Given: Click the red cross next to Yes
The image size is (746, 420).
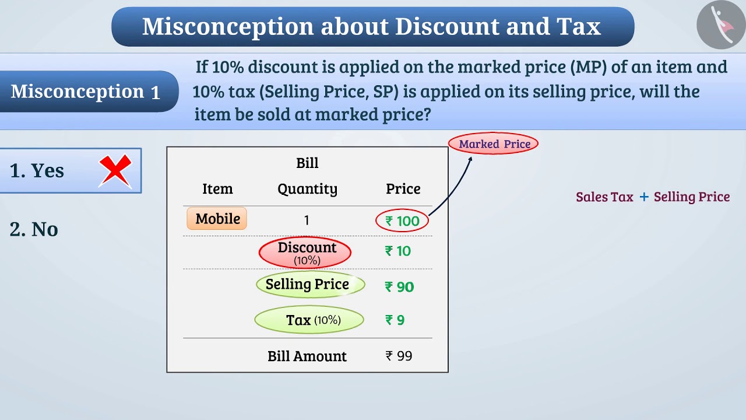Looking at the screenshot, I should [x=115, y=171].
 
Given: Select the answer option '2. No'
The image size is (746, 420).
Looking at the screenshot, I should [x=34, y=229].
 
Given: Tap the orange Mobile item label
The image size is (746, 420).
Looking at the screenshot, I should [x=217, y=219].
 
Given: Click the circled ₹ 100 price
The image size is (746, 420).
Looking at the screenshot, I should [x=402, y=221].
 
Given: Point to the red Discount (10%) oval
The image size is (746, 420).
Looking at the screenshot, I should [x=305, y=252].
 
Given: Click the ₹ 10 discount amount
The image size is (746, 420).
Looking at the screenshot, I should [x=398, y=251].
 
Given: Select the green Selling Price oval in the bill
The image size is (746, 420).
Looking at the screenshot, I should [x=310, y=285].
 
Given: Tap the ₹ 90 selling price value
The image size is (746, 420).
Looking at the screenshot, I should [x=399, y=287].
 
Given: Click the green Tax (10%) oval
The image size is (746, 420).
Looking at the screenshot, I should [x=309, y=320].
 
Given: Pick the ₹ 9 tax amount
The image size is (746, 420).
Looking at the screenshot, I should [x=395, y=320].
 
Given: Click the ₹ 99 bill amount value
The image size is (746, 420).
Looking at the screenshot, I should [x=399, y=356].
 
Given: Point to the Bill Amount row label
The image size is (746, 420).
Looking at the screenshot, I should [x=307, y=356].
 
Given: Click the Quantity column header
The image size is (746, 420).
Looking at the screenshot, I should [x=307, y=189].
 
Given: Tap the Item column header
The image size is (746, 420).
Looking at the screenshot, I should [x=217, y=189].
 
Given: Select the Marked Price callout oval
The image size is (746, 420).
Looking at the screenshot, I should [x=494, y=144].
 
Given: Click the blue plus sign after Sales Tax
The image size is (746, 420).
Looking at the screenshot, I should [x=644, y=197].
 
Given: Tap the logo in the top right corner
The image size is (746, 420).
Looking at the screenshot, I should [x=720, y=25].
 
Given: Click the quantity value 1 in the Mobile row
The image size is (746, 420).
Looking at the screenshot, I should [x=307, y=220].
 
